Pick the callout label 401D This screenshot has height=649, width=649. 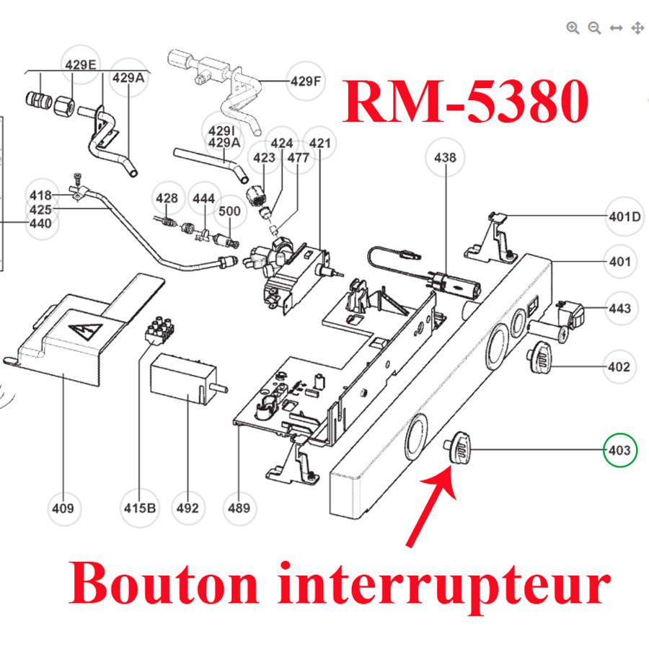(624, 216)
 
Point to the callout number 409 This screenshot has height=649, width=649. (62, 508)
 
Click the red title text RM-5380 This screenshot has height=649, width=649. (465, 102)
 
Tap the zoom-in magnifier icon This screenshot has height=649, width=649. (573, 28)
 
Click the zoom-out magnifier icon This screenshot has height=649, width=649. (594, 28)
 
